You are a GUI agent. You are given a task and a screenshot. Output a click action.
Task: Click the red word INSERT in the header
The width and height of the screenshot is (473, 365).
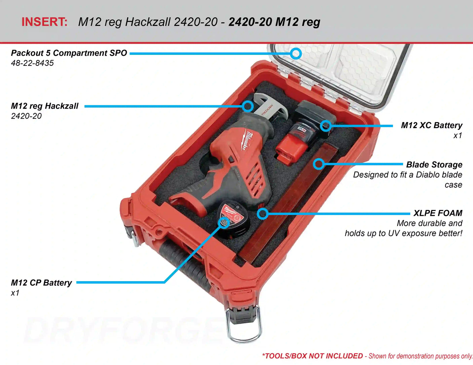(x=44, y=22)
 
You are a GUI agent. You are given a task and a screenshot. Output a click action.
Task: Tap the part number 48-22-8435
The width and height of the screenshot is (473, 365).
(x=32, y=63)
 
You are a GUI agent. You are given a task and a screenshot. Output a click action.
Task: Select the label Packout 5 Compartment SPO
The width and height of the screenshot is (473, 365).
(x=69, y=53)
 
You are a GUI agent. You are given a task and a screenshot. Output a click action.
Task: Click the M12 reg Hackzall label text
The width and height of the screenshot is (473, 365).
(x=45, y=106)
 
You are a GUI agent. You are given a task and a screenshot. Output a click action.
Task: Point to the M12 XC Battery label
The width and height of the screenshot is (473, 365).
(x=431, y=125)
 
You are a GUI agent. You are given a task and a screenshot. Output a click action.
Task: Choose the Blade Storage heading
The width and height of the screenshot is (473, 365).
(x=434, y=165)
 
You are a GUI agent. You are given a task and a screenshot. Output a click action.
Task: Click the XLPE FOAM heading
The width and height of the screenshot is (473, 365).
(x=438, y=213)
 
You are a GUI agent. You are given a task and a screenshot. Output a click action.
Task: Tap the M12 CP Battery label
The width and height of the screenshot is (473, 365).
(x=41, y=283)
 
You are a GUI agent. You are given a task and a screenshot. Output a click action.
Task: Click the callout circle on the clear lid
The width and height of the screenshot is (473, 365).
(x=296, y=53)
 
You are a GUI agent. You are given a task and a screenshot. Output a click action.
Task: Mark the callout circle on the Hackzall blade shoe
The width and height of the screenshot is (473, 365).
(x=248, y=106)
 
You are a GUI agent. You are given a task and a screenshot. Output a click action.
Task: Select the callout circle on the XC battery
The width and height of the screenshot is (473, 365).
(x=326, y=126)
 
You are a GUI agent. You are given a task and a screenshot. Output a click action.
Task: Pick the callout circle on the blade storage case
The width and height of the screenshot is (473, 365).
(x=319, y=164)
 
